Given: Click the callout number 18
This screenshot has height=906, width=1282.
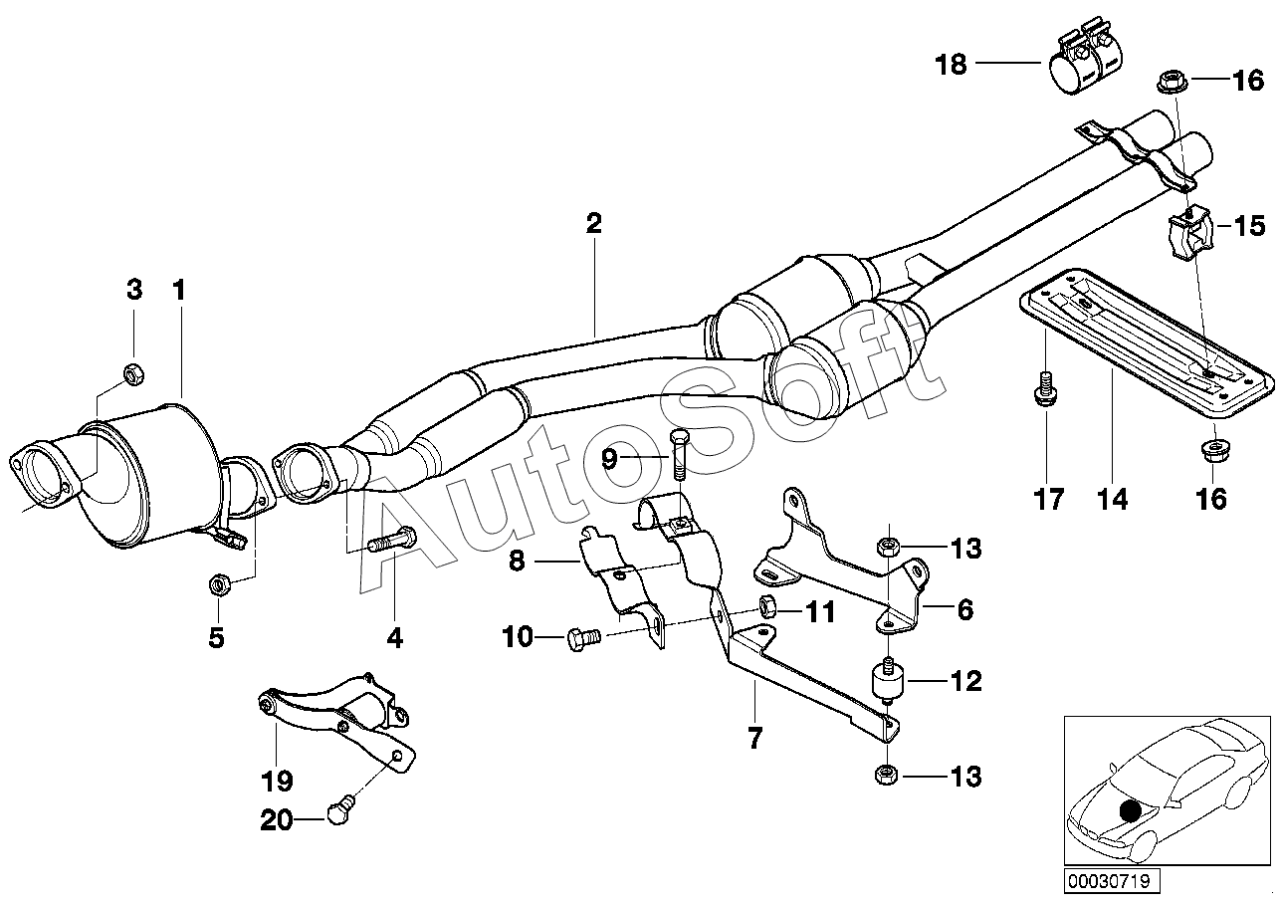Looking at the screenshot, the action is pyautogui.click(x=951, y=65).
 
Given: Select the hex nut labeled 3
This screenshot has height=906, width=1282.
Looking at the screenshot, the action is pyautogui.click(x=134, y=375).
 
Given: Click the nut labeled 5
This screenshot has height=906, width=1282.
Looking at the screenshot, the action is pyautogui.click(x=218, y=585).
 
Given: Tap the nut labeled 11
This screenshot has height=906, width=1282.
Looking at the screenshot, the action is pyautogui.click(x=766, y=606).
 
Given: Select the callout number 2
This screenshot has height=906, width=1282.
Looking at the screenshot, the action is pyautogui.click(x=594, y=223).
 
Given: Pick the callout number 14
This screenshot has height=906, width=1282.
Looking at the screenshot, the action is pyautogui.click(x=1113, y=499).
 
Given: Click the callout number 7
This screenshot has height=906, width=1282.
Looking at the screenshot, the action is pyautogui.click(x=754, y=738).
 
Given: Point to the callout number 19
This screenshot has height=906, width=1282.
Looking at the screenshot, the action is pyautogui.click(x=277, y=781).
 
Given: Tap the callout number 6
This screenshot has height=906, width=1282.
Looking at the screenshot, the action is pyautogui.click(x=965, y=610).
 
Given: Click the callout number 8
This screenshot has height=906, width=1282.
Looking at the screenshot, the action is pyautogui.click(x=517, y=561).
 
